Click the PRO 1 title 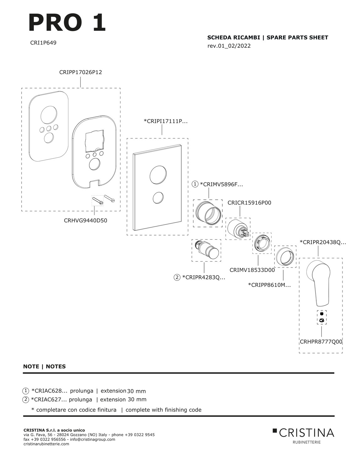pos(67,23)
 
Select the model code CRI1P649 pos(43,43)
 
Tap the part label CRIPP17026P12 pos(81,72)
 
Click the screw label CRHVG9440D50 pos(85,220)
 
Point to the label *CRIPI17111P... pos(166,121)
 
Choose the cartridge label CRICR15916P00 pos(249,203)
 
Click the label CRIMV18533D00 pos(252,270)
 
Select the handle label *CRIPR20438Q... pos(323,242)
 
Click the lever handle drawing pos(318,283)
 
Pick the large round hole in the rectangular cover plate pos(158,174)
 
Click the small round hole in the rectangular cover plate pos(158,198)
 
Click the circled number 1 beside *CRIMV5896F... pos(195,184)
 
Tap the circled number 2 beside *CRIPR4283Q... pos(177,277)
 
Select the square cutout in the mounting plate pos(95,140)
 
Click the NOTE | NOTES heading pos(44,366)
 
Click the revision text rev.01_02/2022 pos(229,46)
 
